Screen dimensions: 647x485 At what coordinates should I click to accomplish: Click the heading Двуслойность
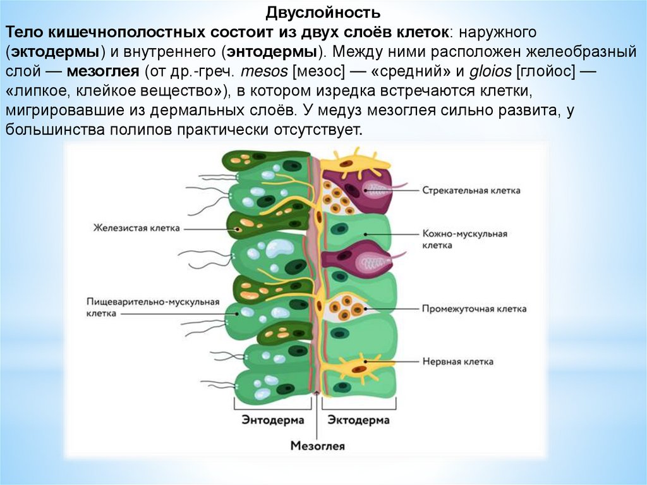pos(323,13)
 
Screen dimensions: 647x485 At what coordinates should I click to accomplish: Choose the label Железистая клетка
pos(136,227)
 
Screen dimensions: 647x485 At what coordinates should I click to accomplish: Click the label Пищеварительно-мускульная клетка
pos(152,307)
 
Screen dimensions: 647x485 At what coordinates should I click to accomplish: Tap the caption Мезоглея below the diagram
pos(318,446)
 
